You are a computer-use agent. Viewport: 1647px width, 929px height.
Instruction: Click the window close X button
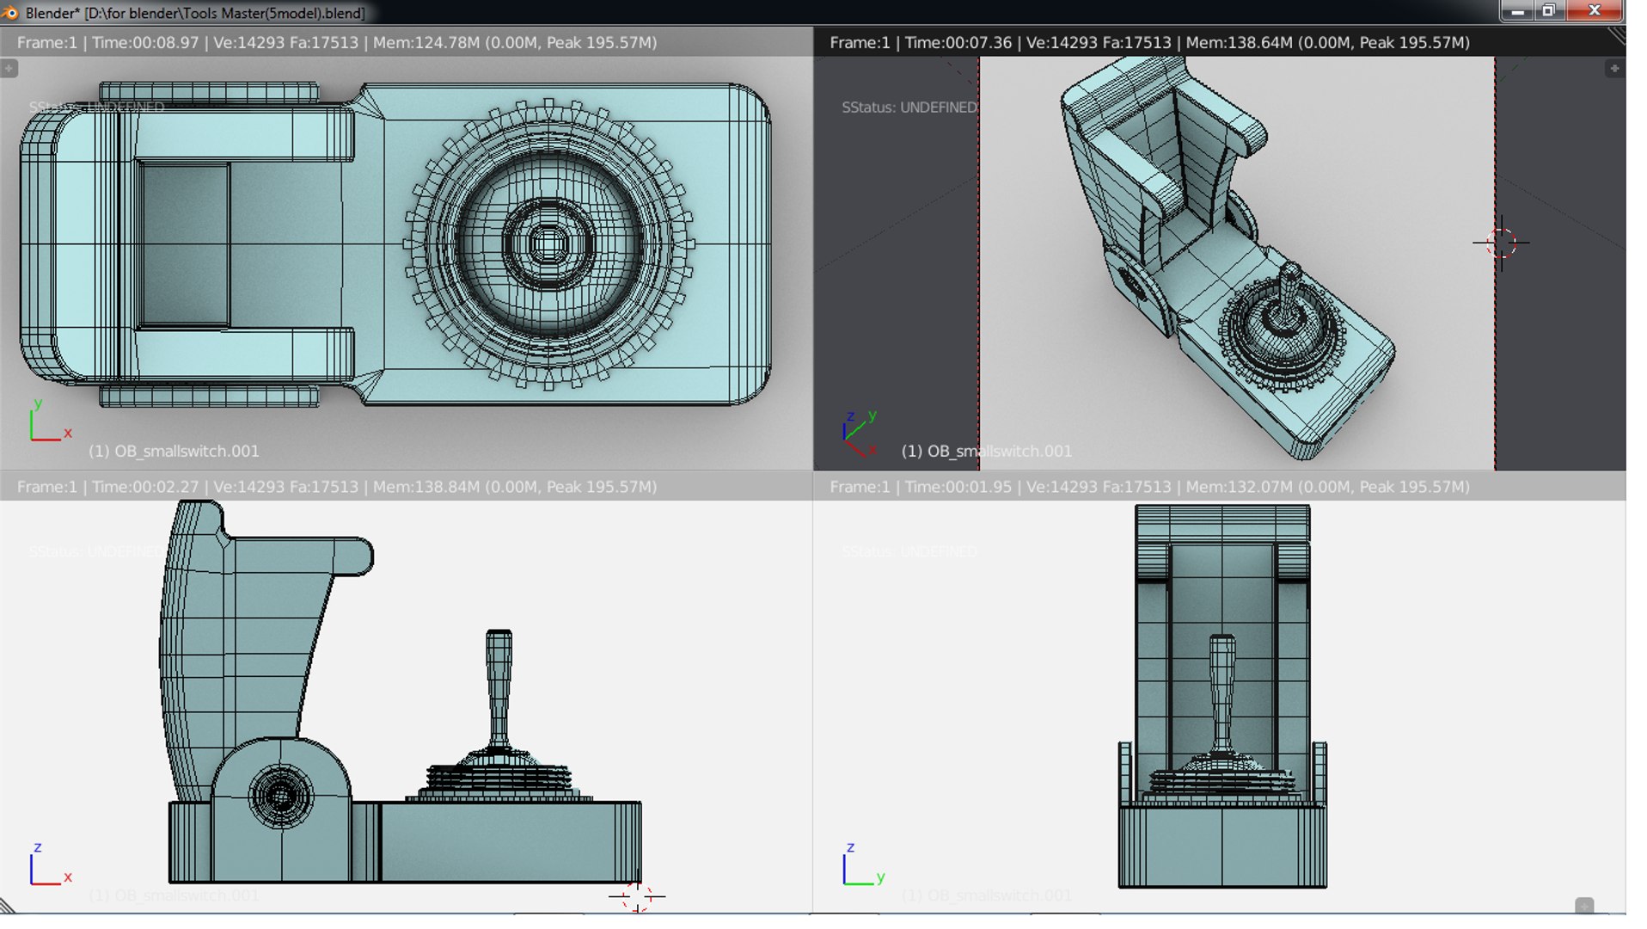point(1595,10)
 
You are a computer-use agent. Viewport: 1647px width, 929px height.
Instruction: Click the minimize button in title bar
point(1518,10)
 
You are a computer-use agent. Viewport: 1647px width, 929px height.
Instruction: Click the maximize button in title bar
point(1549,10)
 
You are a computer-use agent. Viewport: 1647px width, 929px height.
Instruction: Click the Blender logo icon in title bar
point(10,12)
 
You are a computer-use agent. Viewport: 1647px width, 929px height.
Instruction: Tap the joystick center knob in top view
point(548,244)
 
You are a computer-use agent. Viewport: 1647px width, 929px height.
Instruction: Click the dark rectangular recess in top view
point(185,244)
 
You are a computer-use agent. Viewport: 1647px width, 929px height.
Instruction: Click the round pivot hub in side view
point(280,796)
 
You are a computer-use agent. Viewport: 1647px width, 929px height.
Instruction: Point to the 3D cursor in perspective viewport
point(1501,243)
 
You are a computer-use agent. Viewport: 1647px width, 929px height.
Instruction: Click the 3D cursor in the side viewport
point(637,896)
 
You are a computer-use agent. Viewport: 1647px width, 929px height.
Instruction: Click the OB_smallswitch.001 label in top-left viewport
point(174,451)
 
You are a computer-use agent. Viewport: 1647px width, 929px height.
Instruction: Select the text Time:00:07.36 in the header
point(958,42)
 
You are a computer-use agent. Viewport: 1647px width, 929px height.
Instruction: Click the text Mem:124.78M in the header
point(426,42)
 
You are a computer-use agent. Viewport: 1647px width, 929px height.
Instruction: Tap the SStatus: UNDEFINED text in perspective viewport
point(909,108)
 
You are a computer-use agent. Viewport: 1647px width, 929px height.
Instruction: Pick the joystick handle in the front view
point(1222,688)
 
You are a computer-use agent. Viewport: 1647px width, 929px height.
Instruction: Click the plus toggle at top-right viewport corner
point(1614,68)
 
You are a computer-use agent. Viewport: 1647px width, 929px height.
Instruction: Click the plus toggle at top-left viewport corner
point(9,68)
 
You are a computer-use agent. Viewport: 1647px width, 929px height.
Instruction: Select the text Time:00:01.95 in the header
point(958,487)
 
